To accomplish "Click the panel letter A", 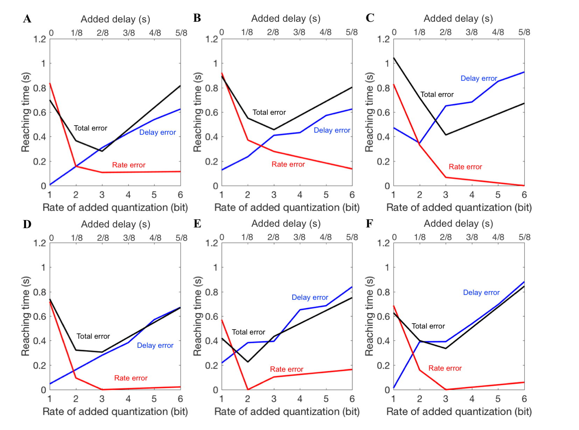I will (x=27, y=19).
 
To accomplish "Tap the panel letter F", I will (x=369, y=224).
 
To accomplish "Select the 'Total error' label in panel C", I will (x=437, y=94).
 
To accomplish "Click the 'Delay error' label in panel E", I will (x=310, y=297).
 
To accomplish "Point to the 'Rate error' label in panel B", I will (x=288, y=164).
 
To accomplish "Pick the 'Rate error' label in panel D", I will (x=131, y=378).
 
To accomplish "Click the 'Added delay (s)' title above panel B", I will (x=286, y=19).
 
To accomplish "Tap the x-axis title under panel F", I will (x=459, y=411).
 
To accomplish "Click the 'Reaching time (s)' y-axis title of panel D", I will (x=25, y=316).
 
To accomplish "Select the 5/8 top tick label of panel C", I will (x=524, y=33).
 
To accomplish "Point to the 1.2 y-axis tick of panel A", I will (x=40, y=39).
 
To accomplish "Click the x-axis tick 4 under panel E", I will (x=300, y=399).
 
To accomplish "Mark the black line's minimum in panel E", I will (x=248, y=362).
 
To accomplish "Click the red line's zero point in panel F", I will (x=446, y=389).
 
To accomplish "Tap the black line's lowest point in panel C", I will (x=446, y=135).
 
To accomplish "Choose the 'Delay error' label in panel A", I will (x=158, y=132).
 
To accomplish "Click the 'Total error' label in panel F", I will (x=428, y=326).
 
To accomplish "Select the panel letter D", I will (x=27, y=224).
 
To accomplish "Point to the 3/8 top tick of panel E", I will (x=299, y=237).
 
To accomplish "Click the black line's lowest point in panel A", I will (x=102, y=151).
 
